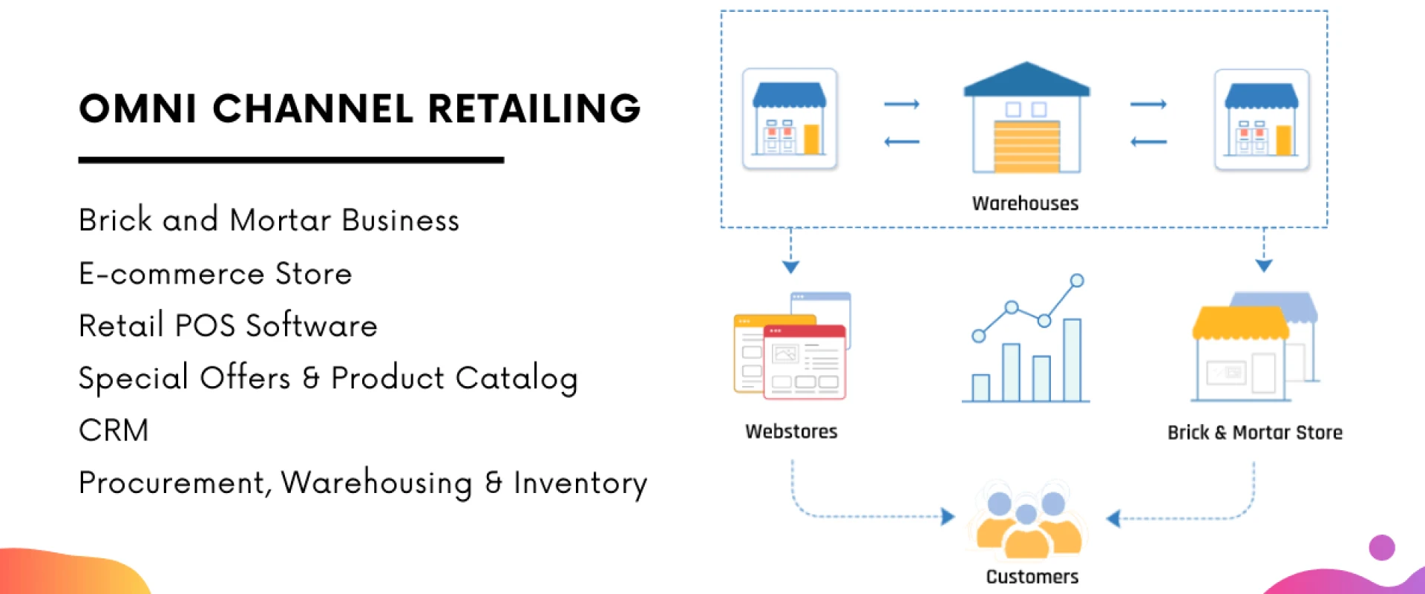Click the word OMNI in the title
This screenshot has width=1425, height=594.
(137, 109)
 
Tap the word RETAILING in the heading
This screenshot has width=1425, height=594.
(534, 109)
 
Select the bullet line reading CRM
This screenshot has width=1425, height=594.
(114, 431)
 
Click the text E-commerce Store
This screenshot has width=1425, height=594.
(215, 274)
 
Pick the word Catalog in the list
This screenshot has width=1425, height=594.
(517, 379)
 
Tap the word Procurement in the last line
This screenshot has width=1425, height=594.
(171, 483)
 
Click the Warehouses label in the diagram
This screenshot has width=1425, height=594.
(1025, 203)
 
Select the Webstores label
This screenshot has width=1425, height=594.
(791, 431)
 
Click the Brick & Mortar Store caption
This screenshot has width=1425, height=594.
(1254, 432)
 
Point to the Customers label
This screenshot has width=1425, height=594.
(1032, 577)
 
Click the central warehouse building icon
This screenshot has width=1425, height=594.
(1026, 119)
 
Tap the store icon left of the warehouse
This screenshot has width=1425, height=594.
(790, 120)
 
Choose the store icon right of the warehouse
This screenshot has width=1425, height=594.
(1261, 120)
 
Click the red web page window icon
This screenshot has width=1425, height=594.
(805, 362)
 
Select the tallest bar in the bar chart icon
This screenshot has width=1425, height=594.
(1072, 359)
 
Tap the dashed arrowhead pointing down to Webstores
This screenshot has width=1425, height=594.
(790, 267)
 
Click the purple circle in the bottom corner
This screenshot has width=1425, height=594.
(1381, 548)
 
